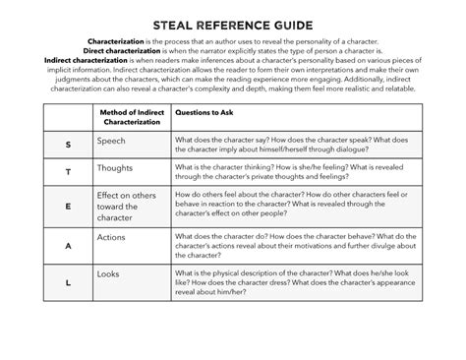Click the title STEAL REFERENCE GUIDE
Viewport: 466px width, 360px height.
click(233, 21)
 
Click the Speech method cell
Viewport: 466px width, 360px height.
click(112, 141)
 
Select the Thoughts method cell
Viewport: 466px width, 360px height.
click(117, 168)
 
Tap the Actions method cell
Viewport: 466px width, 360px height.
click(112, 237)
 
